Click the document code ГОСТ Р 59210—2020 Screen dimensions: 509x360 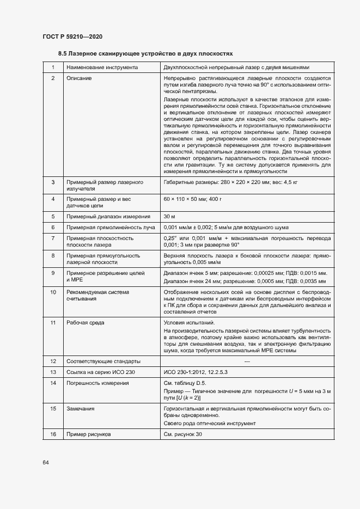(72, 36)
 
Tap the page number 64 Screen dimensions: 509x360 (46, 462)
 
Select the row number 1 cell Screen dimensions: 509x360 (53, 68)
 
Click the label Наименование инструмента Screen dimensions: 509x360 (102, 68)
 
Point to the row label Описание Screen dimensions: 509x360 (79, 78)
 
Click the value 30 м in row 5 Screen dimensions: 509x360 (170, 216)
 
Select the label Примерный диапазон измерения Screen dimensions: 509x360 (104, 216)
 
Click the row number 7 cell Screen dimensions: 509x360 (53, 238)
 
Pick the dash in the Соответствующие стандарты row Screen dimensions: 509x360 (247, 361)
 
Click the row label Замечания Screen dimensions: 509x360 (81, 408)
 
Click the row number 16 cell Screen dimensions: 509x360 (53, 434)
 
